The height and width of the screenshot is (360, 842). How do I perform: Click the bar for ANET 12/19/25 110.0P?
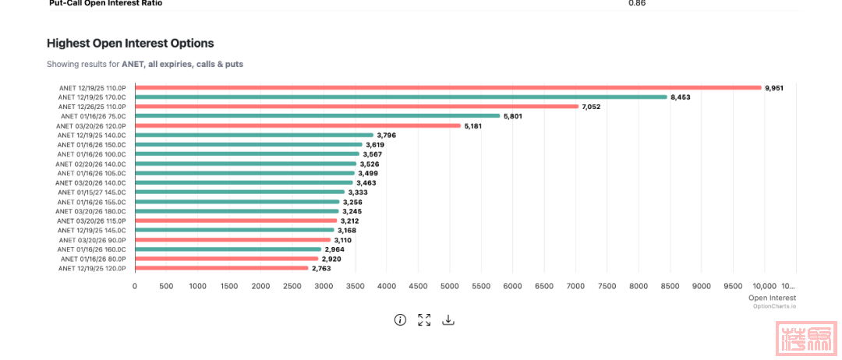(448, 88)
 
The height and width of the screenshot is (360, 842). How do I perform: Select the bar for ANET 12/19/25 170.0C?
(401, 97)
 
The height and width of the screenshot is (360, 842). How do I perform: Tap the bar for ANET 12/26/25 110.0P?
(356, 107)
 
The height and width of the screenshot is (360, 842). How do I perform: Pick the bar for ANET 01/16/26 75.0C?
(317, 116)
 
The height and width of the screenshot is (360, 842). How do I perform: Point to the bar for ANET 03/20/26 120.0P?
(298, 125)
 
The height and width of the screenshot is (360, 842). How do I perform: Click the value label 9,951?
(774, 88)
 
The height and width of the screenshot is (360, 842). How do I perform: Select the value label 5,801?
(513, 116)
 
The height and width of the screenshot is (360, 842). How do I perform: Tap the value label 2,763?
(321, 268)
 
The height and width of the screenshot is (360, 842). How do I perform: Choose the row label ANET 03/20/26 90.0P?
(97, 239)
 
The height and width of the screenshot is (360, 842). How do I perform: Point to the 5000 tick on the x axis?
(450, 286)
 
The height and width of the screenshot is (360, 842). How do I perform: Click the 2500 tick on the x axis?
(292, 286)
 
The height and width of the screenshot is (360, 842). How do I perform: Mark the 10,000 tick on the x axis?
(764, 286)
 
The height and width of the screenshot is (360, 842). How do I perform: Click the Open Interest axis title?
(772, 298)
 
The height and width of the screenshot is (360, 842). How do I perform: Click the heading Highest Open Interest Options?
(130, 44)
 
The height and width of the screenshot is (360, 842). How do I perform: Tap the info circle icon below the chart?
(400, 319)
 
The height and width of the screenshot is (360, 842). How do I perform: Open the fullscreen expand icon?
(424, 319)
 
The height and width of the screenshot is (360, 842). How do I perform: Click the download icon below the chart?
(448, 319)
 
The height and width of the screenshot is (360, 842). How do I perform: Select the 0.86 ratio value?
(637, 3)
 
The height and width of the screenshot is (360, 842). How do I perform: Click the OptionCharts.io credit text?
(774, 306)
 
